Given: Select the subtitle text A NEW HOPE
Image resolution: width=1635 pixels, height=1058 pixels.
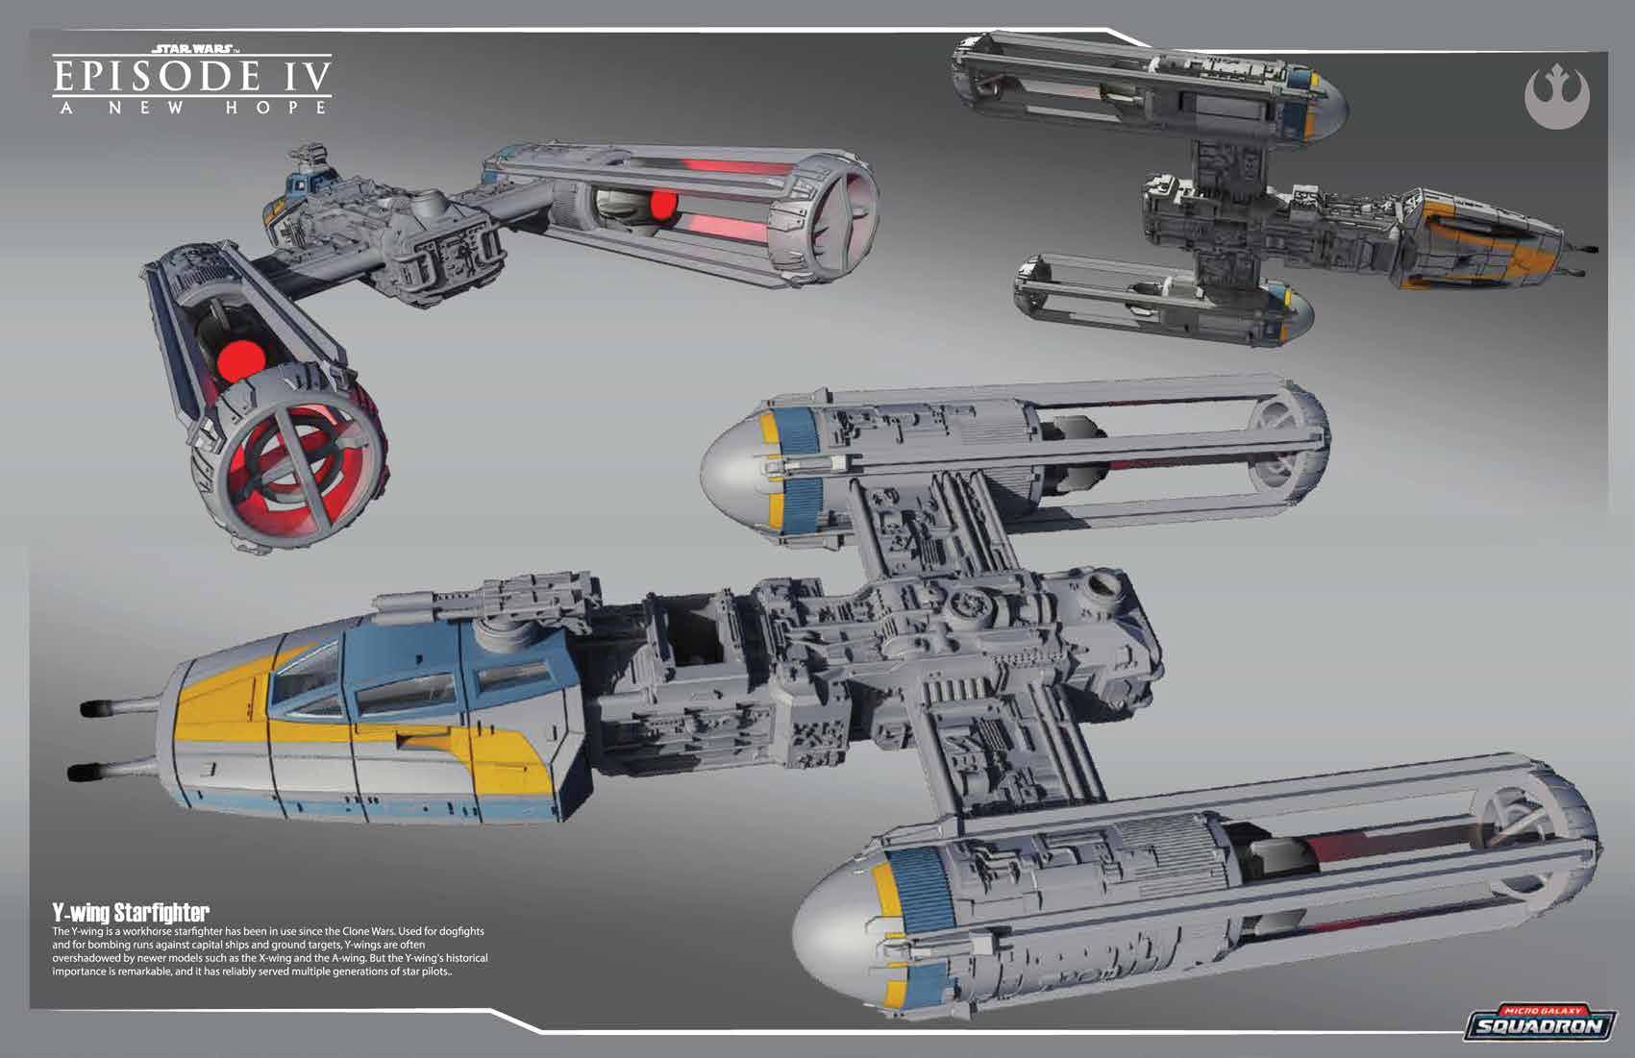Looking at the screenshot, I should [192, 107].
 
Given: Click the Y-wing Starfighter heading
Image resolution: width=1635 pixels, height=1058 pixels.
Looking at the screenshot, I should [131, 911].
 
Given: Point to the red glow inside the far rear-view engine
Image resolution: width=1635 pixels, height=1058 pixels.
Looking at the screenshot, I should [663, 205].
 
